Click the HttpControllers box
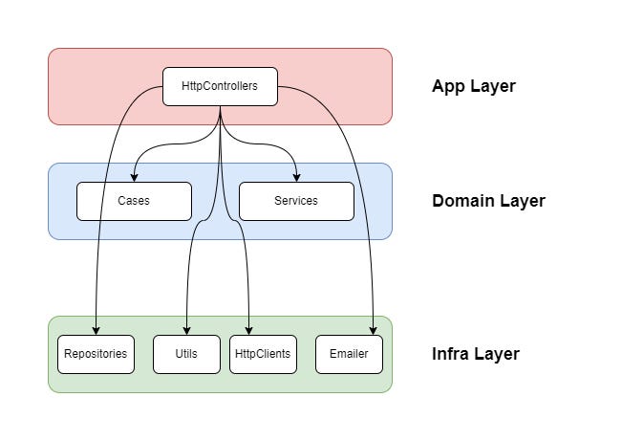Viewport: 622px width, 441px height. point(220,86)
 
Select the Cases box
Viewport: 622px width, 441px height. point(134,201)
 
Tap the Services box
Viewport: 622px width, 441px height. point(296,201)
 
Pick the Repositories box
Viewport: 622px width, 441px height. point(96,354)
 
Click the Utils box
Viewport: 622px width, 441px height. point(186,354)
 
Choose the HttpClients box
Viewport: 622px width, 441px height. point(263,354)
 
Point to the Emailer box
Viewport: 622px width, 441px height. point(349,354)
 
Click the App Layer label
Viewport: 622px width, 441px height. point(473,86)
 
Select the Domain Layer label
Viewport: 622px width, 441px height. point(488,201)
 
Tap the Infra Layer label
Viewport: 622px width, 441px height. point(476,354)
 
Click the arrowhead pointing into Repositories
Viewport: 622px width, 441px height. point(96,330)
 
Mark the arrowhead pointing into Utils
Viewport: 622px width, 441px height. point(186,330)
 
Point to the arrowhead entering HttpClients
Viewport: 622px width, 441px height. point(249,330)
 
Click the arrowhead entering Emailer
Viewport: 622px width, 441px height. point(372,330)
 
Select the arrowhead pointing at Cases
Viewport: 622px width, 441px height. point(134,177)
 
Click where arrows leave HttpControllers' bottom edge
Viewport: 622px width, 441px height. point(221,106)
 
